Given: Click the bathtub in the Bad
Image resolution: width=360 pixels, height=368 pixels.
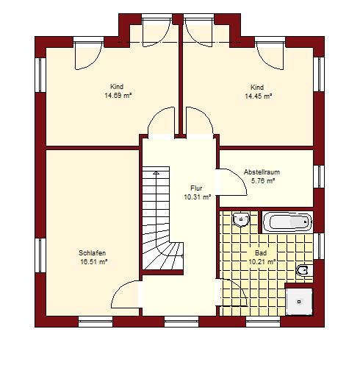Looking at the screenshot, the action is tap(287, 222).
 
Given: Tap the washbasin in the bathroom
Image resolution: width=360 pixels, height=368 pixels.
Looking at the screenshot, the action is tap(241, 219).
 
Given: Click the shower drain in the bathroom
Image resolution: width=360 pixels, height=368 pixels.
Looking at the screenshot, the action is tap(299, 302).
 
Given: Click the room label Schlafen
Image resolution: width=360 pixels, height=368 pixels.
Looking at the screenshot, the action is tap(92, 253).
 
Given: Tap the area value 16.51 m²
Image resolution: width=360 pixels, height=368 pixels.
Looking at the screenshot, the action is tap(94, 262).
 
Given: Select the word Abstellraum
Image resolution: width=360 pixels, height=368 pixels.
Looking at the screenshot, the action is tap(262, 172).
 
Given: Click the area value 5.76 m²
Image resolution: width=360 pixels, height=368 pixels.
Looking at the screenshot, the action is tap(263, 181).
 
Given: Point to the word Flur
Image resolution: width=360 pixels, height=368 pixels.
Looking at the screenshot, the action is tap(196, 188).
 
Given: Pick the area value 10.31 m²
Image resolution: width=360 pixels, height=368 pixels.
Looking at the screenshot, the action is tap(198, 197).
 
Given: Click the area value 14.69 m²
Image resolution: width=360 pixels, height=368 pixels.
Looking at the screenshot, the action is tap(118, 96).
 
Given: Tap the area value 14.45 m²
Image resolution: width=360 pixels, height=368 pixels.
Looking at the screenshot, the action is tap(259, 96).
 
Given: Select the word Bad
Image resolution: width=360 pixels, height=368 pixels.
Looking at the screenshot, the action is tap(261, 253).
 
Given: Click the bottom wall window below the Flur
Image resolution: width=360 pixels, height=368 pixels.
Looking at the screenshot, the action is tap(181, 322).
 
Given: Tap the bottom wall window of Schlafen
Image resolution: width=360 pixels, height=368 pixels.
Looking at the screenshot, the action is tap(96, 322).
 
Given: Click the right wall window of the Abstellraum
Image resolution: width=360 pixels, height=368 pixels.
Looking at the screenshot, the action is tap(319, 177).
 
